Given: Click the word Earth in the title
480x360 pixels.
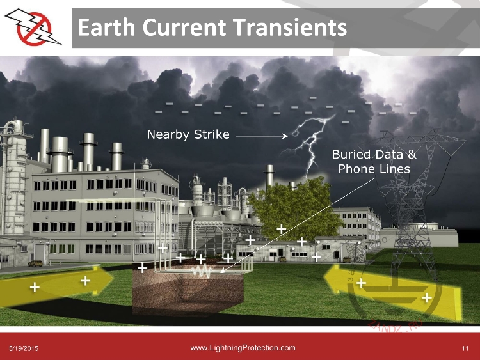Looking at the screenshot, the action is [x=106, y=27].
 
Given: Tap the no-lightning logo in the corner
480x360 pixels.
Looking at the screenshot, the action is [x=33, y=27].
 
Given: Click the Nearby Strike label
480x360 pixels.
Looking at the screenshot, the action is [x=188, y=134].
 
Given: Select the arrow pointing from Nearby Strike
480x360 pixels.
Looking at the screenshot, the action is [x=262, y=136].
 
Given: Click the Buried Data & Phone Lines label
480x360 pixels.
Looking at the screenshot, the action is [x=374, y=162].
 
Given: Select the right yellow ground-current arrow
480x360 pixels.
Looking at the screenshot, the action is [x=392, y=290].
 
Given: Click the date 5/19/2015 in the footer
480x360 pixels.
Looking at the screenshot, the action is [x=24, y=348].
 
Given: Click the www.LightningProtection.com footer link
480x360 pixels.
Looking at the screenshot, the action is [x=243, y=348].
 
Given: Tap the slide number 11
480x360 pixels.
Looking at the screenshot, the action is [x=465, y=348].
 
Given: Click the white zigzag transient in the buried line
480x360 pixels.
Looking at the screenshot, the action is [x=202, y=271].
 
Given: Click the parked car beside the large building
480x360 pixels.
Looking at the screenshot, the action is [x=35, y=263].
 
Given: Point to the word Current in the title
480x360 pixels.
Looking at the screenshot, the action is [x=184, y=27].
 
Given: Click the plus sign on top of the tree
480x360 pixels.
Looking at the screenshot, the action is [x=282, y=229].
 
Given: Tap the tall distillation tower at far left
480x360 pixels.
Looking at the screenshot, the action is [x=14, y=177].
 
